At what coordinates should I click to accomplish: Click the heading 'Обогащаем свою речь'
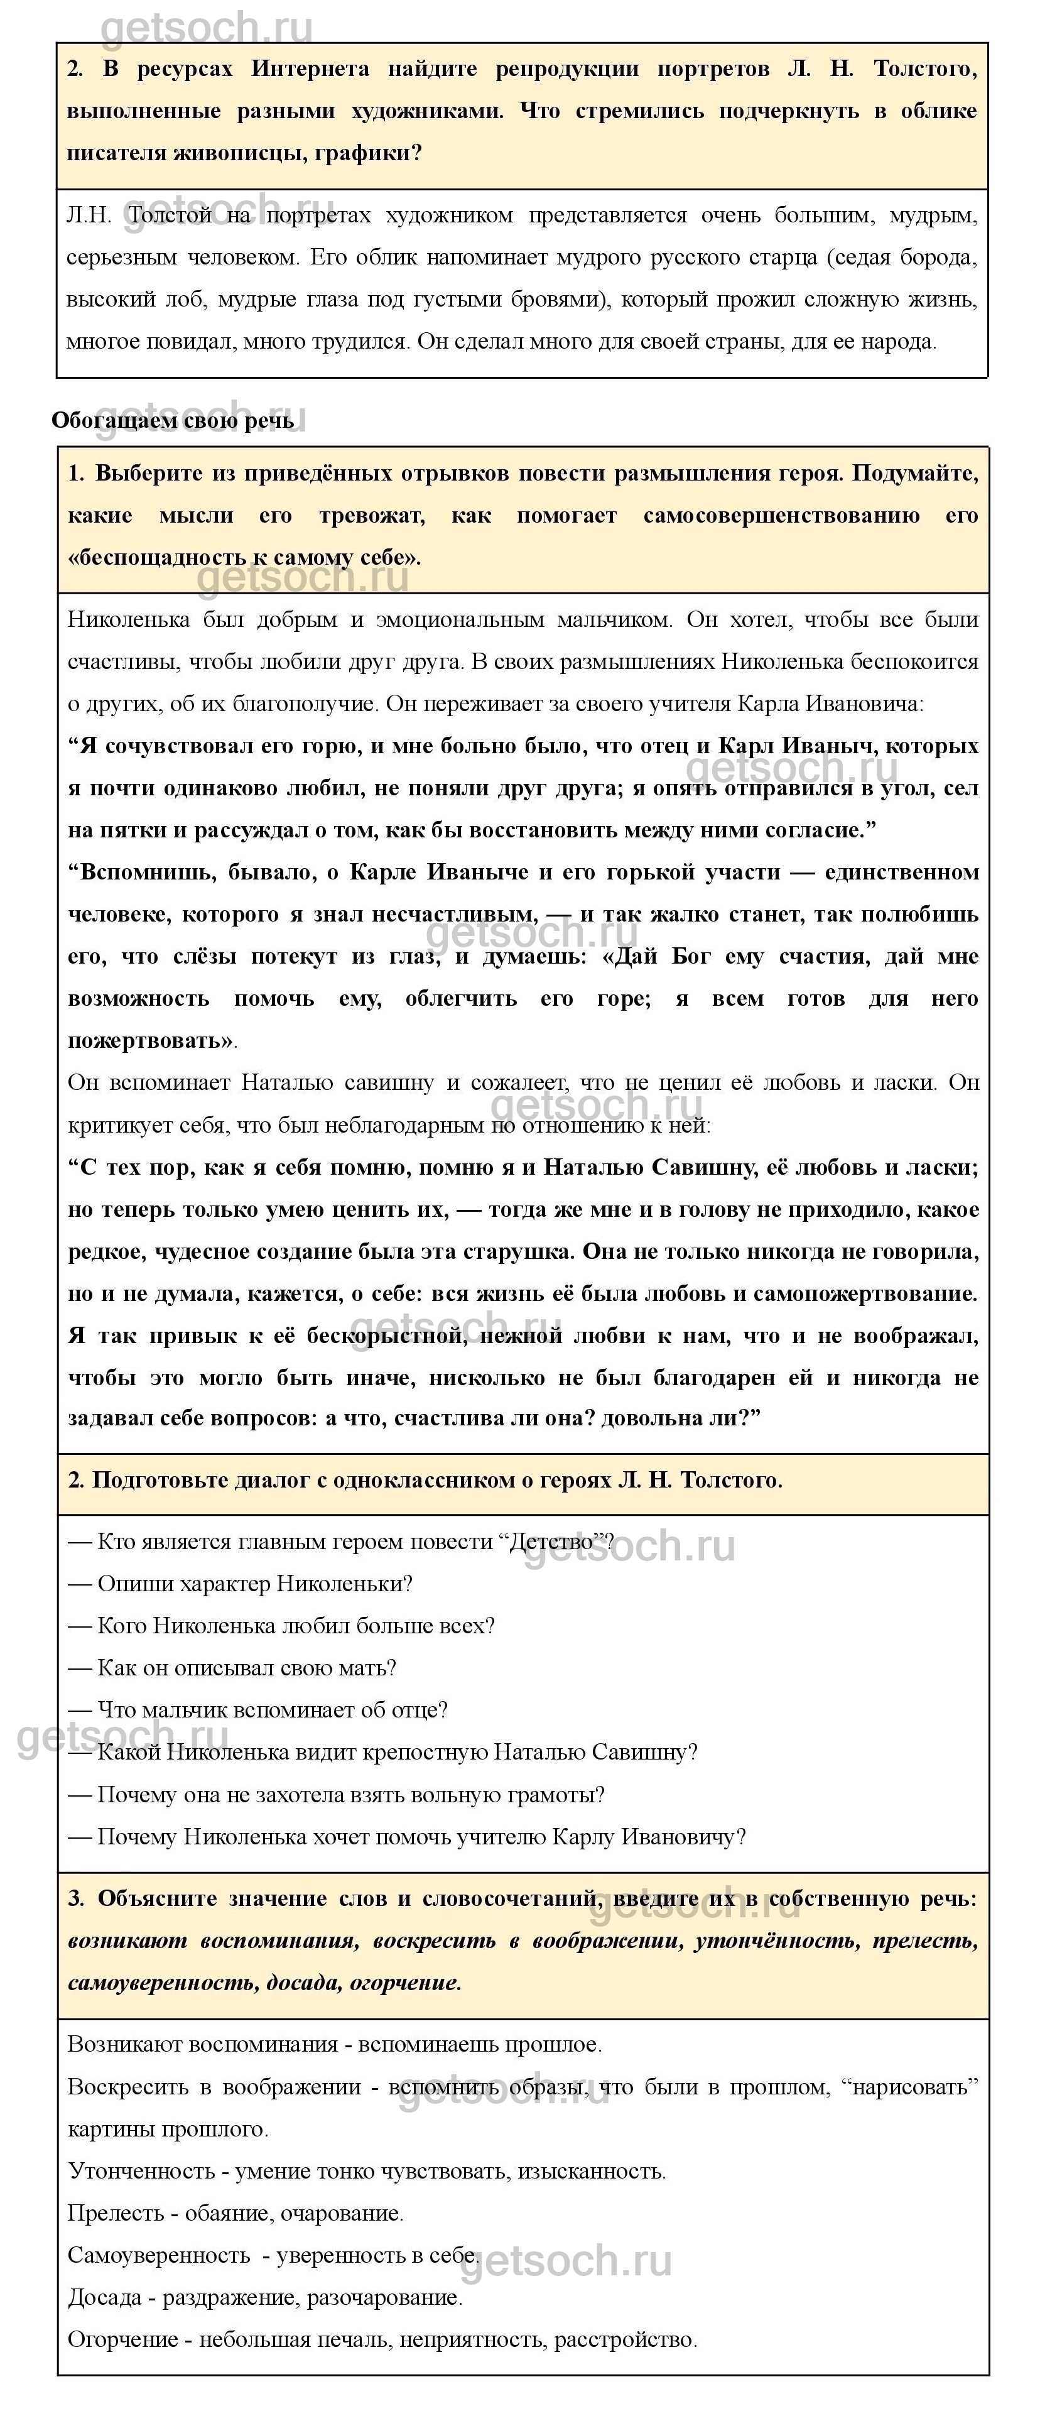tap(173, 420)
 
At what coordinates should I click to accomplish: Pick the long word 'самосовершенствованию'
tap(781, 515)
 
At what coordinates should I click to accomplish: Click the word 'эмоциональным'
tap(460, 619)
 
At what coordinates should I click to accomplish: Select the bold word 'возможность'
tap(138, 998)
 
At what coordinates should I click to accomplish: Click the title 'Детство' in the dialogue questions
tap(553, 1542)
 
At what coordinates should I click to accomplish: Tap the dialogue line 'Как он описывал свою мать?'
tap(247, 1668)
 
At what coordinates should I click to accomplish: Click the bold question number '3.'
tap(76, 1899)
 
